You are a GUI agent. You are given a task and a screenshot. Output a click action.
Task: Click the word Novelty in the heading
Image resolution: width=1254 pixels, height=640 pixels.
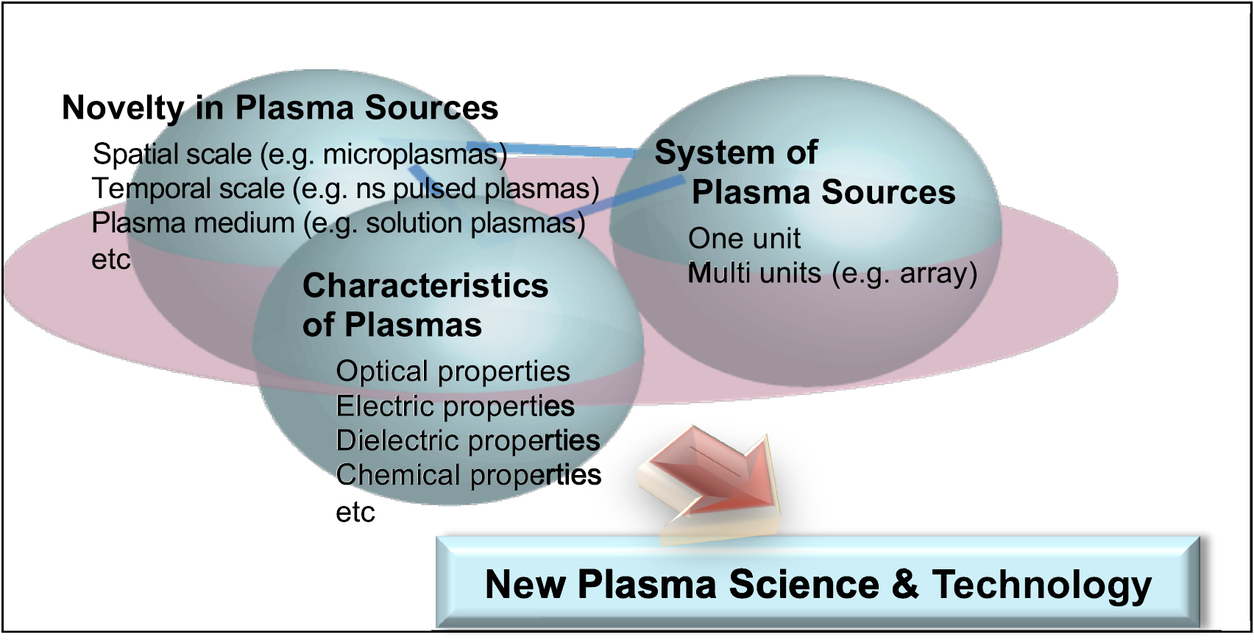tap(122, 108)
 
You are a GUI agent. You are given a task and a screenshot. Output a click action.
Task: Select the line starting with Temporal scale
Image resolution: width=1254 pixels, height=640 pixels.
tap(345, 189)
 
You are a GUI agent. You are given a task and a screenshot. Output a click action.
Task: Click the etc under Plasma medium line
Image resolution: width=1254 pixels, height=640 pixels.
tap(110, 259)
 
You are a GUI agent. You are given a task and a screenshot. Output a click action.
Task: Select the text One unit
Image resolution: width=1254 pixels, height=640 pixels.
tap(744, 239)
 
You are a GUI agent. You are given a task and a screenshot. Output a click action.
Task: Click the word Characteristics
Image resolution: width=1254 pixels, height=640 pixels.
tap(425, 286)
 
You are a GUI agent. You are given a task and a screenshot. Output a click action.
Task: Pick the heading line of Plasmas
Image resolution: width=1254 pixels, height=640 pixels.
tap(392, 325)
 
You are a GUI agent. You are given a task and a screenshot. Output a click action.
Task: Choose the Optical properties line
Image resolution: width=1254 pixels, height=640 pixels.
tap(453, 371)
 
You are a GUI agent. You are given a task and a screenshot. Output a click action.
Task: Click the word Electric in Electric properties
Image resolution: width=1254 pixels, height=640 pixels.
tap(384, 406)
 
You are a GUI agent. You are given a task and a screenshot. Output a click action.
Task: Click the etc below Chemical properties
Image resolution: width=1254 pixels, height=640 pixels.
tap(355, 513)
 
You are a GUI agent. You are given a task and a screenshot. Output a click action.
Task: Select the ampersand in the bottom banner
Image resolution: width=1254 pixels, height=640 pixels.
tap(904, 584)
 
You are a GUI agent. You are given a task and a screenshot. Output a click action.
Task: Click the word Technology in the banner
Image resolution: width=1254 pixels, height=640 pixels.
tap(1041, 586)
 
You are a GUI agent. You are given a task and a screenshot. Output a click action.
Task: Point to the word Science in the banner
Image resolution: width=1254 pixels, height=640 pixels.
tap(804, 584)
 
